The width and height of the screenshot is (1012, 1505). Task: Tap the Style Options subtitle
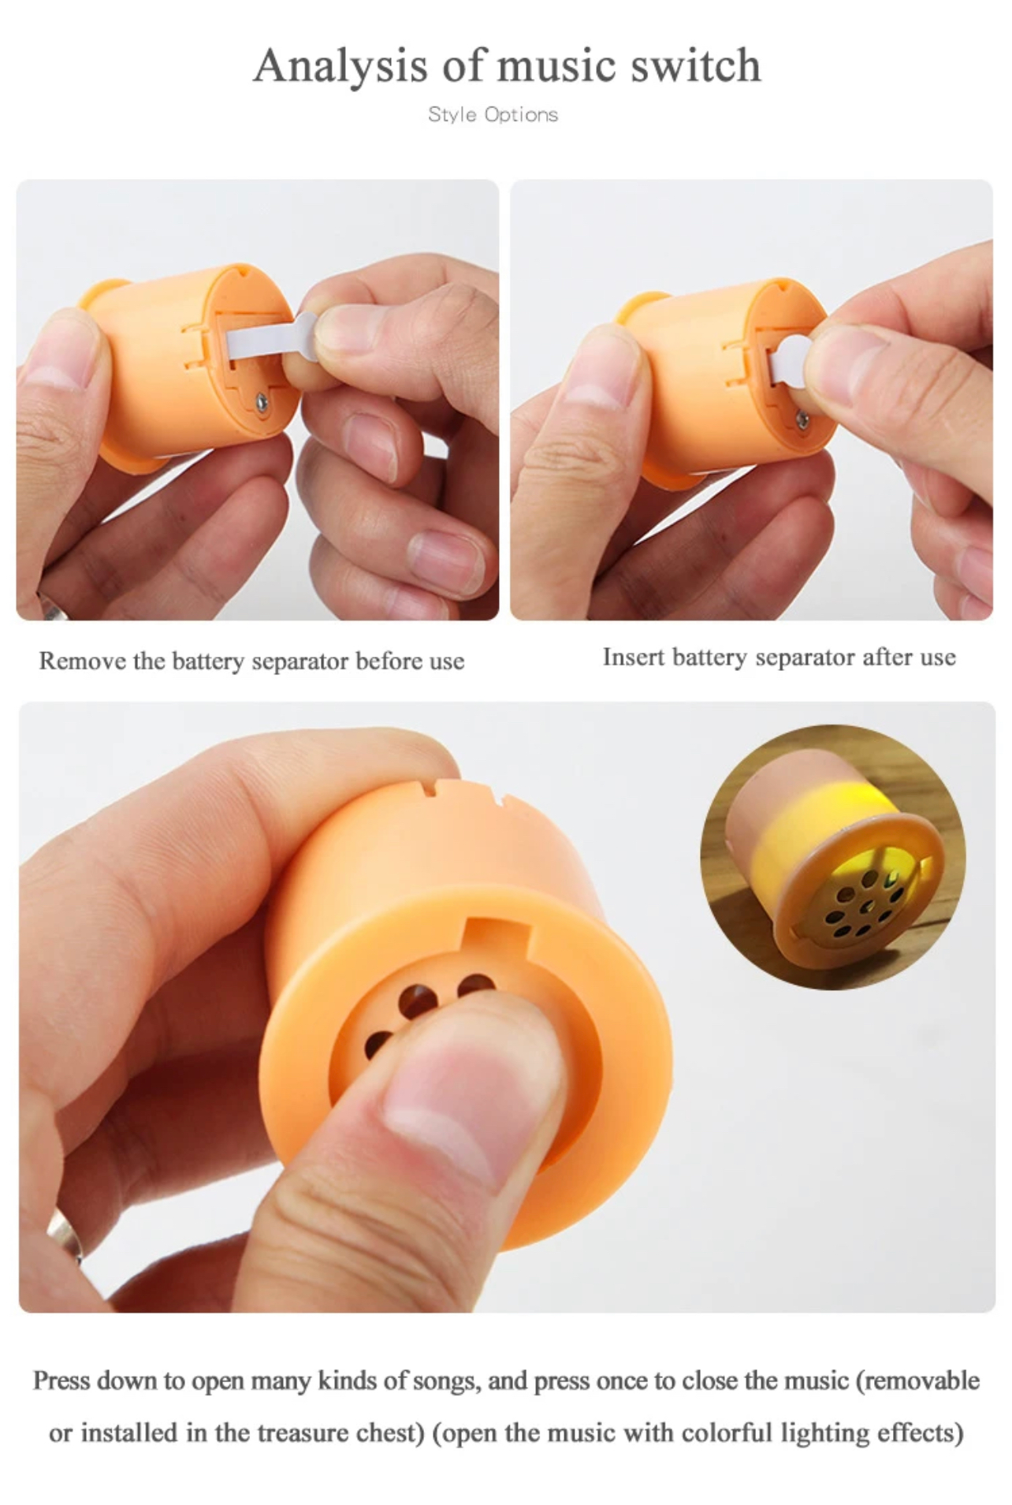click(493, 114)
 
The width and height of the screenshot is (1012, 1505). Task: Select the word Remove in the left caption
click(83, 661)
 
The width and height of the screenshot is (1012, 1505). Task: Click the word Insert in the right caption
click(634, 657)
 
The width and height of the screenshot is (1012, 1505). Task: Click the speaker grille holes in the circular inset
click(867, 907)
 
